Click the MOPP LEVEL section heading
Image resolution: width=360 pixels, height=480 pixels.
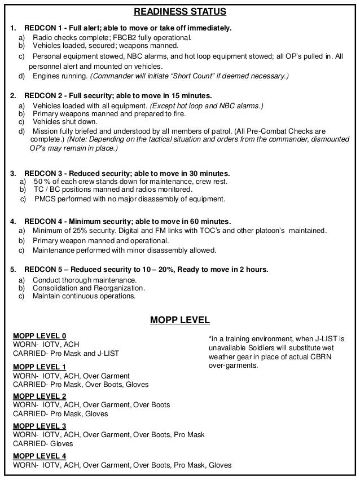coord(179,320)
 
